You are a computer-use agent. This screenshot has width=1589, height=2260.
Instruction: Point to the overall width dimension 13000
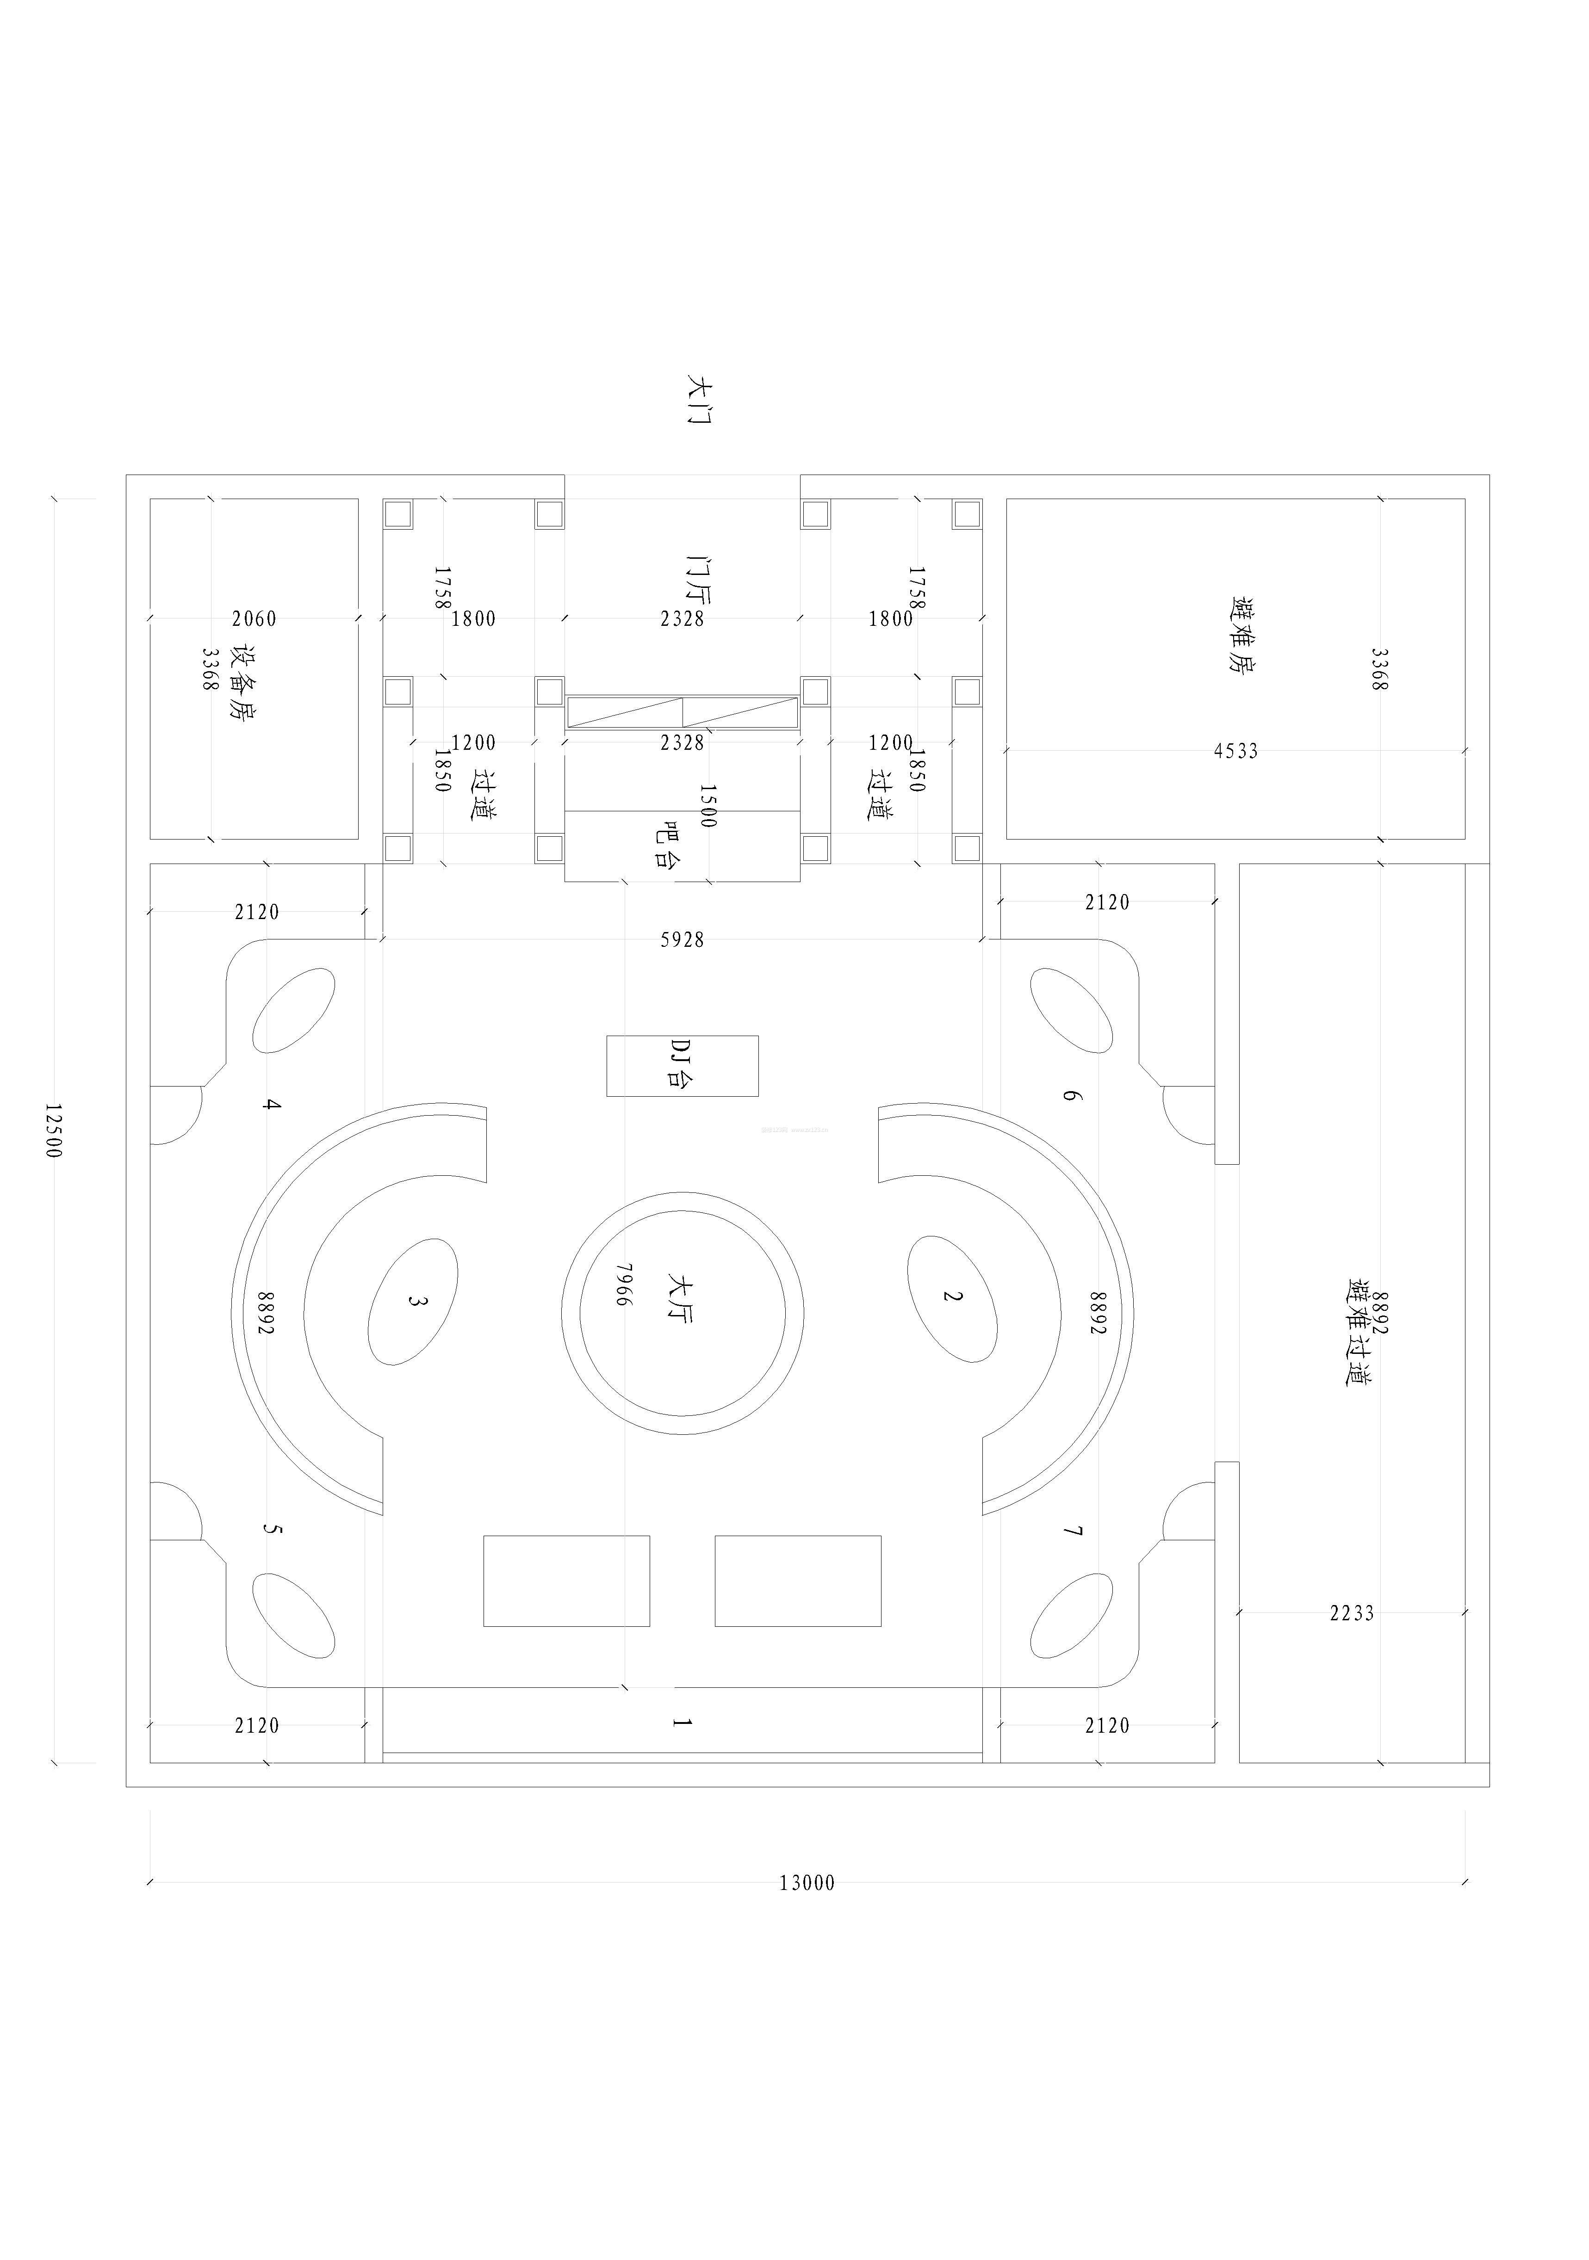click(807, 1883)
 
